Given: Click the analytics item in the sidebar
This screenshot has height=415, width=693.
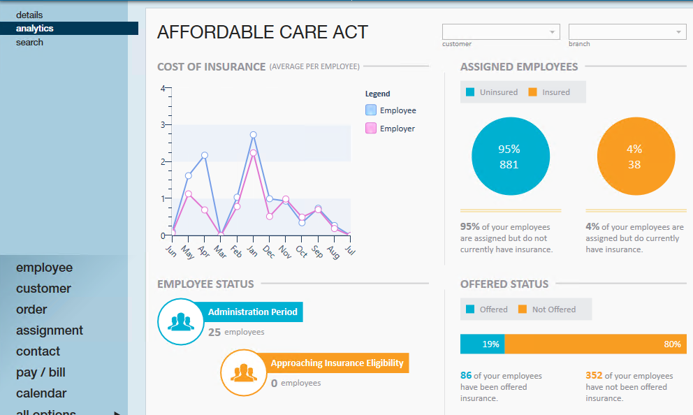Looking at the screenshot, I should click(x=35, y=29).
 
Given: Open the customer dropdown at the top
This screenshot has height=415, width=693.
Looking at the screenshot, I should click(x=501, y=32).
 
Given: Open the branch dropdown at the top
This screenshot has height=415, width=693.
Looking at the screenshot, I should click(x=627, y=32).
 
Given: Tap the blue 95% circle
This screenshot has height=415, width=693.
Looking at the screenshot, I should click(x=509, y=156).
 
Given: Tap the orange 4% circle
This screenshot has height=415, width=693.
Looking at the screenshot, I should click(x=634, y=156).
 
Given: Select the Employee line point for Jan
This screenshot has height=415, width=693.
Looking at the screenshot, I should click(x=253, y=135).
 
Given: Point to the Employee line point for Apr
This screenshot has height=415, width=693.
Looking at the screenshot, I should click(x=205, y=155).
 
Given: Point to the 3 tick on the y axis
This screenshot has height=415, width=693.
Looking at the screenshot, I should click(x=163, y=125).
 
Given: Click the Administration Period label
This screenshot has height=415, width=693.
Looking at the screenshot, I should click(x=252, y=312).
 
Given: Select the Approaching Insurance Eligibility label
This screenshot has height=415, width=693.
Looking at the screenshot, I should click(x=337, y=363).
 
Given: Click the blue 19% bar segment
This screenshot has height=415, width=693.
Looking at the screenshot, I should click(x=482, y=344).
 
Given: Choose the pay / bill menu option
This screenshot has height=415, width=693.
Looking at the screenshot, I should click(x=41, y=372).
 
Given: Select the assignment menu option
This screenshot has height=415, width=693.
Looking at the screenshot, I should click(x=50, y=330).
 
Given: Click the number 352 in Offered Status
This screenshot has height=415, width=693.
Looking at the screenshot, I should click(x=594, y=376).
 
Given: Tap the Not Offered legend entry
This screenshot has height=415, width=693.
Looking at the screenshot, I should click(x=553, y=310).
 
